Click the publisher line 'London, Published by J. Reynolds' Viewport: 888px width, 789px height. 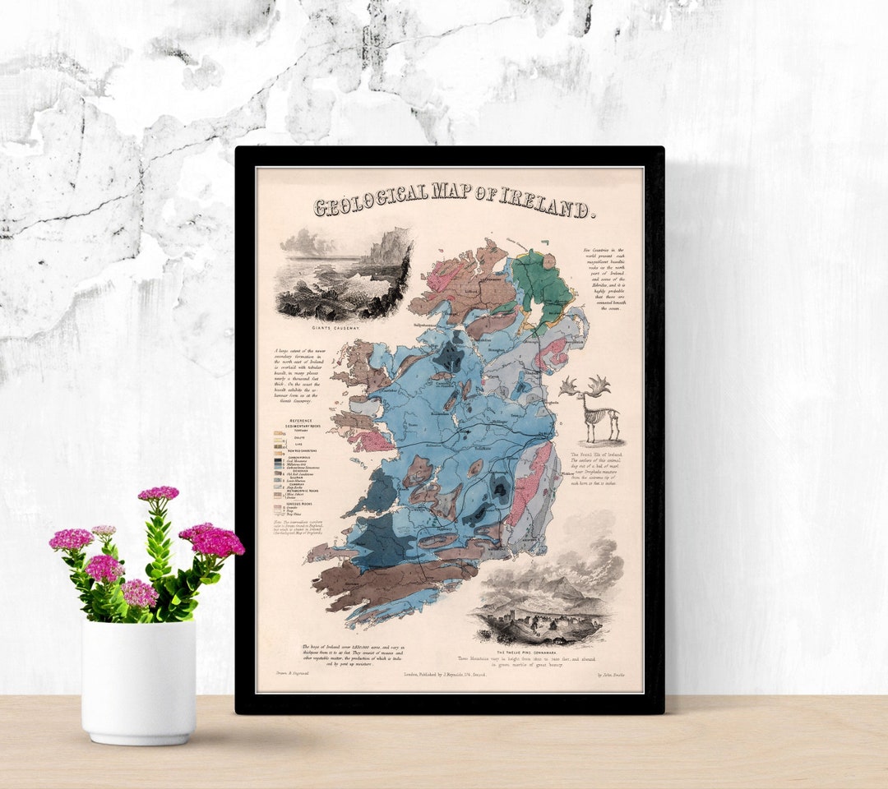click(x=445, y=675)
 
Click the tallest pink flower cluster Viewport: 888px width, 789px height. click(x=158, y=494)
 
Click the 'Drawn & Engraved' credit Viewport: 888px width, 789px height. click(x=285, y=674)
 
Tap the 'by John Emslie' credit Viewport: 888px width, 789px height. click(x=611, y=675)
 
